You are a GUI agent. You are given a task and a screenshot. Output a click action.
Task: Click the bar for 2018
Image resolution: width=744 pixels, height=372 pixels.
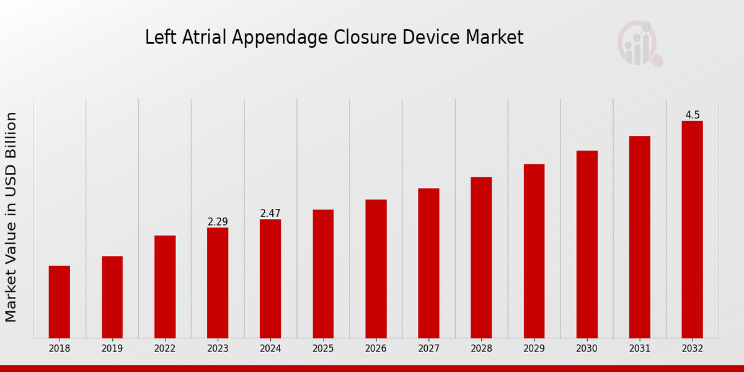tap(60, 302)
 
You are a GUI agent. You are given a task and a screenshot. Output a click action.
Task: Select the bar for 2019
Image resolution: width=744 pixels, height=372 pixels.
tap(112, 297)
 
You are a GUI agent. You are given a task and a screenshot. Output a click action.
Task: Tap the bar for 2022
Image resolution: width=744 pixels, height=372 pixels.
tap(165, 286)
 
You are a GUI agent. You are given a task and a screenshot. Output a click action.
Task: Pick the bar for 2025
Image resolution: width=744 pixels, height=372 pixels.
tap(323, 273)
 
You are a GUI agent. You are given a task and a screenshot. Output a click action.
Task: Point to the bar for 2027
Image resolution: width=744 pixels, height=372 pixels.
tap(428, 263)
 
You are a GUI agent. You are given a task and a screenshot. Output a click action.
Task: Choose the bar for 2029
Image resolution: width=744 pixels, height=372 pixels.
tap(534, 251)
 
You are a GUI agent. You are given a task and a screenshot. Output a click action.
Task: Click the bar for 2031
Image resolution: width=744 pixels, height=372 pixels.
tap(639, 237)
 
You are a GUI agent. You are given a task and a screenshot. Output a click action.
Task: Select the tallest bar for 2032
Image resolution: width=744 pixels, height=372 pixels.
tap(692, 229)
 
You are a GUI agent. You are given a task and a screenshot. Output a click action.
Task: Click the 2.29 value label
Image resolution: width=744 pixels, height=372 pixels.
tap(218, 221)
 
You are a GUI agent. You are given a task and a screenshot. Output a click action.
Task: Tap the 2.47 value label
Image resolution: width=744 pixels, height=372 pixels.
tap(270, 213)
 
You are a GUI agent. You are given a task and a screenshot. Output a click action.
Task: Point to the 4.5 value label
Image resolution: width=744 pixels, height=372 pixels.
tap(693, 115)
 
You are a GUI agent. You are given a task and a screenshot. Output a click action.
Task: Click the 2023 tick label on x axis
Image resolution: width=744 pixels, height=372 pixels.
tap(218, 349)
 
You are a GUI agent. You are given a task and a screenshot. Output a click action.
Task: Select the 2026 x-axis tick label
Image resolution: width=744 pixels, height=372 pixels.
tap(376, 349)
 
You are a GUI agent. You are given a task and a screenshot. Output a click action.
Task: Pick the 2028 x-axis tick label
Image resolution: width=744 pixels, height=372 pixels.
tap(481, 349)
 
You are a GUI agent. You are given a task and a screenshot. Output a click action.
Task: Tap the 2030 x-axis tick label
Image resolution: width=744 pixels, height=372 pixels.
tap(587, 349)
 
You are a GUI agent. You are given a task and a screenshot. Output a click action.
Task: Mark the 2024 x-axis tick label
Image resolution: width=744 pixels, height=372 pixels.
tap(270, 349)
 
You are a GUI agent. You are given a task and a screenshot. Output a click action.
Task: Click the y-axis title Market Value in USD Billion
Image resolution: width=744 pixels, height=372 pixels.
tap(11, 217)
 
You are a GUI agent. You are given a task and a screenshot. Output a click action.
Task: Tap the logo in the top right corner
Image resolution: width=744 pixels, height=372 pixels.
tap(639, 43)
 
